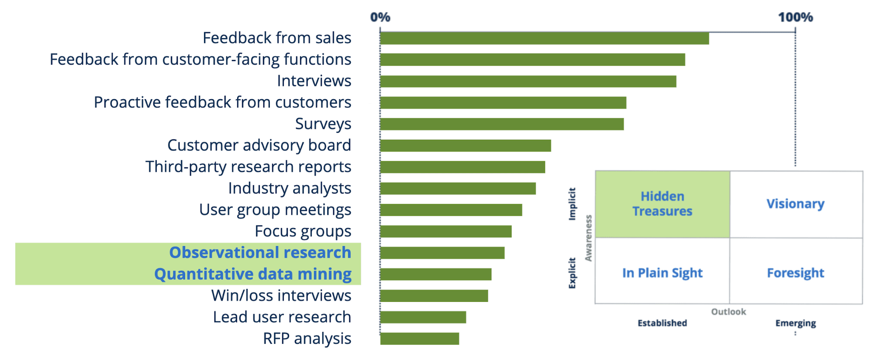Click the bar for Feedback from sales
(x=544, y=38)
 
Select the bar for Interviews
(x=528, y=81)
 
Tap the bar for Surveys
(x=501, y=124)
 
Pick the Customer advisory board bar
(x=465, y=145)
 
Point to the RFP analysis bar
(x=419, y=339)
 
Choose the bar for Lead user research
(x=423, y=317)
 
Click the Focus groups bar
(x=445, y=232)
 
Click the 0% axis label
(x=380, y=17)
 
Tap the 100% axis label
(x=795, y=17)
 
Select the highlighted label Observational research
(x=260, y=253)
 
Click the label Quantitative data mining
(x=253, y=274)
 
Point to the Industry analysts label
(x=290, y=188)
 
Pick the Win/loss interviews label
(x=281, y=296)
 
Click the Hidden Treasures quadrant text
(x=662, y=204)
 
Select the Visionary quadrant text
(x=795, y=204)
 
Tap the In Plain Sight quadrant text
(x=662, y=273)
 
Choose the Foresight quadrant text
(x=795, y=273)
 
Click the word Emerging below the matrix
(x=795, y=323)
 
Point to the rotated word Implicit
(x=572, y=204)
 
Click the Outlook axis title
(x=728, y=312)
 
